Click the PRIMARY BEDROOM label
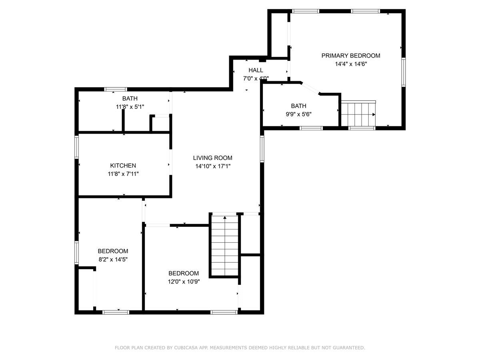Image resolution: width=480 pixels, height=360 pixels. tap(350, 56)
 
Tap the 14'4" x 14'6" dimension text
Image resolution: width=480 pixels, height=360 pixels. tap(350, 64)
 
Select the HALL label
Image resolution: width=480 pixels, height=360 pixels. tap(256, 70)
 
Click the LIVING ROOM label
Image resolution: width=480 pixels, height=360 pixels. tap(212, 158)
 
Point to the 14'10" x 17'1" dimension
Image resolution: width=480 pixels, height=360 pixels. tap(212, 166)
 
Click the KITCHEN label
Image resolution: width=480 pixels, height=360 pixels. tap(123, 166)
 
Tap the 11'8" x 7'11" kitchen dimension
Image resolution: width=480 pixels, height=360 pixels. tap(123, 174)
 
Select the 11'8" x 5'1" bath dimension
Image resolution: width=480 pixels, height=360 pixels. tap(130, 107)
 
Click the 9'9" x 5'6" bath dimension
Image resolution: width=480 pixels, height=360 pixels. tap(298, 114)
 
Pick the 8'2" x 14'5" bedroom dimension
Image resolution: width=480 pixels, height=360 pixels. tap(113, 259)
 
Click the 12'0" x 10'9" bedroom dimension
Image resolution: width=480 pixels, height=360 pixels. tap(183, 281)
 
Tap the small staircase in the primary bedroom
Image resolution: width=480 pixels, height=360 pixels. tap(358, 114)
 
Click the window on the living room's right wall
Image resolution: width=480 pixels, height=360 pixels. tap(262, 148)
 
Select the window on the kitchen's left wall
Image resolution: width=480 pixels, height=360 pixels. tap(76, 147)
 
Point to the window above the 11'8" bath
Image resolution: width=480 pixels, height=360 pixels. tap(116, 89)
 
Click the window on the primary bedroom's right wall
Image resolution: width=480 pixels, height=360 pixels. tap(404, 72)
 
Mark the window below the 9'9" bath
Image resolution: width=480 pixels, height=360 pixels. tap(311, 128)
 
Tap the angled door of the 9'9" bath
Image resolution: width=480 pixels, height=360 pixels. tap(310, 88)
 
